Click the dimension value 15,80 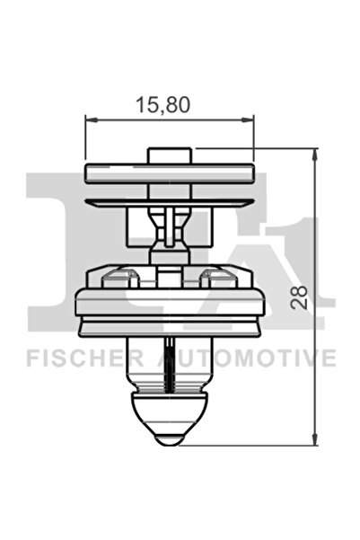pyautogui.click(x=162, y=104)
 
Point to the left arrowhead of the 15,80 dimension pyautogui.click(x=90, y=120)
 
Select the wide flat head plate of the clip pyautogui.click(x=170, y=173)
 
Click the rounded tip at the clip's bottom pyautogui.click(x=170, y=435)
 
